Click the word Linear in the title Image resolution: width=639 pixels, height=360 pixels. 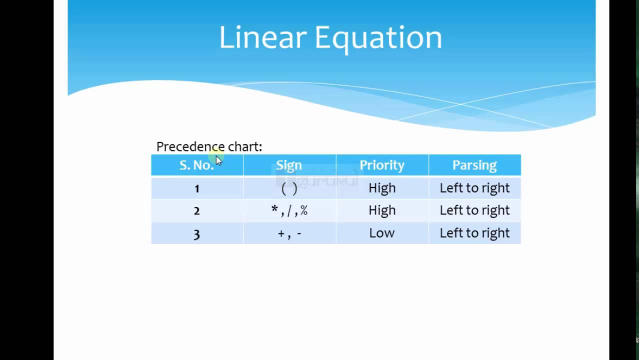(262, 37)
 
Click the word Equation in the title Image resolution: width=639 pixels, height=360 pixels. (378, 39)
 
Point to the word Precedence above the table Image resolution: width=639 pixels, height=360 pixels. (190, 146)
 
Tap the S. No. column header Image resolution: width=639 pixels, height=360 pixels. (196, 165)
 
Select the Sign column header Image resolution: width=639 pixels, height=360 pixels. (289, 165)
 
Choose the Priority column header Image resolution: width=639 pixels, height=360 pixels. (382, 165)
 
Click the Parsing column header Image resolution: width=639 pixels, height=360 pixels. (474, 165)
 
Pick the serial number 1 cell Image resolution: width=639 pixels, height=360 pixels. (197, 188)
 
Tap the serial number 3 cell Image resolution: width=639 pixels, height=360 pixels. (197, 233)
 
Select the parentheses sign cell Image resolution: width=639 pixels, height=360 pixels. (289, 188)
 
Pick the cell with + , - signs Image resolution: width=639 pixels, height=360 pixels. (289, 233)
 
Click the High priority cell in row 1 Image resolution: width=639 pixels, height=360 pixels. (382, 188)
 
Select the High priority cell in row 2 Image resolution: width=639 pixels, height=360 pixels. (382, 210)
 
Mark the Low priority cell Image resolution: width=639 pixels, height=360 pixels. (382, 233)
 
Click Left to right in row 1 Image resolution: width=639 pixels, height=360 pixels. (474, 188)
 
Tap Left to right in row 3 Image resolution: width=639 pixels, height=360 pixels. (474, 233)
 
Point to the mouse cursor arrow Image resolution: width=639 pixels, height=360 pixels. (219, 161)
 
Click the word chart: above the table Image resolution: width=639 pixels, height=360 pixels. (245, 146)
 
